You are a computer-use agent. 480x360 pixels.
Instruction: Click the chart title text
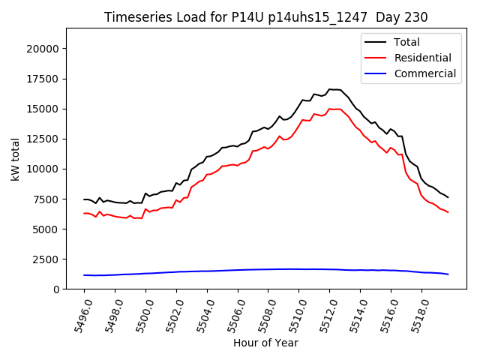(x=266, y=17)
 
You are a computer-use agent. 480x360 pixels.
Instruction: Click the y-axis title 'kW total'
(x=16, y=158)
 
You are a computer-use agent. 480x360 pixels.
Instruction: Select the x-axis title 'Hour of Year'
(x=265, y=343)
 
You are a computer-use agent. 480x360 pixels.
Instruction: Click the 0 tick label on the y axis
(x=55, y=289)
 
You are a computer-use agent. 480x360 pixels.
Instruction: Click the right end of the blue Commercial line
(x=448, y=274)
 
